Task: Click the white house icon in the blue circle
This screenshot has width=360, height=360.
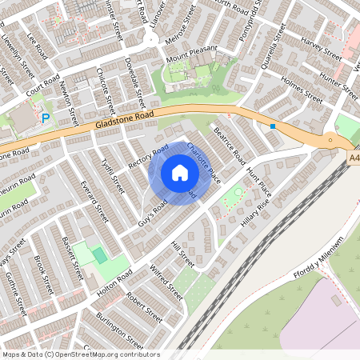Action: point(180,172)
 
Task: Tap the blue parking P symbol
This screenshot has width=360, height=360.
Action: point(46,118)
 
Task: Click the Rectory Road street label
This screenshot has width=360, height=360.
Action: point(149,156)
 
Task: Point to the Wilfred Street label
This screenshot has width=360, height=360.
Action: point(166,282)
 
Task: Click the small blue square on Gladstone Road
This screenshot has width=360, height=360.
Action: point(273,126)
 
